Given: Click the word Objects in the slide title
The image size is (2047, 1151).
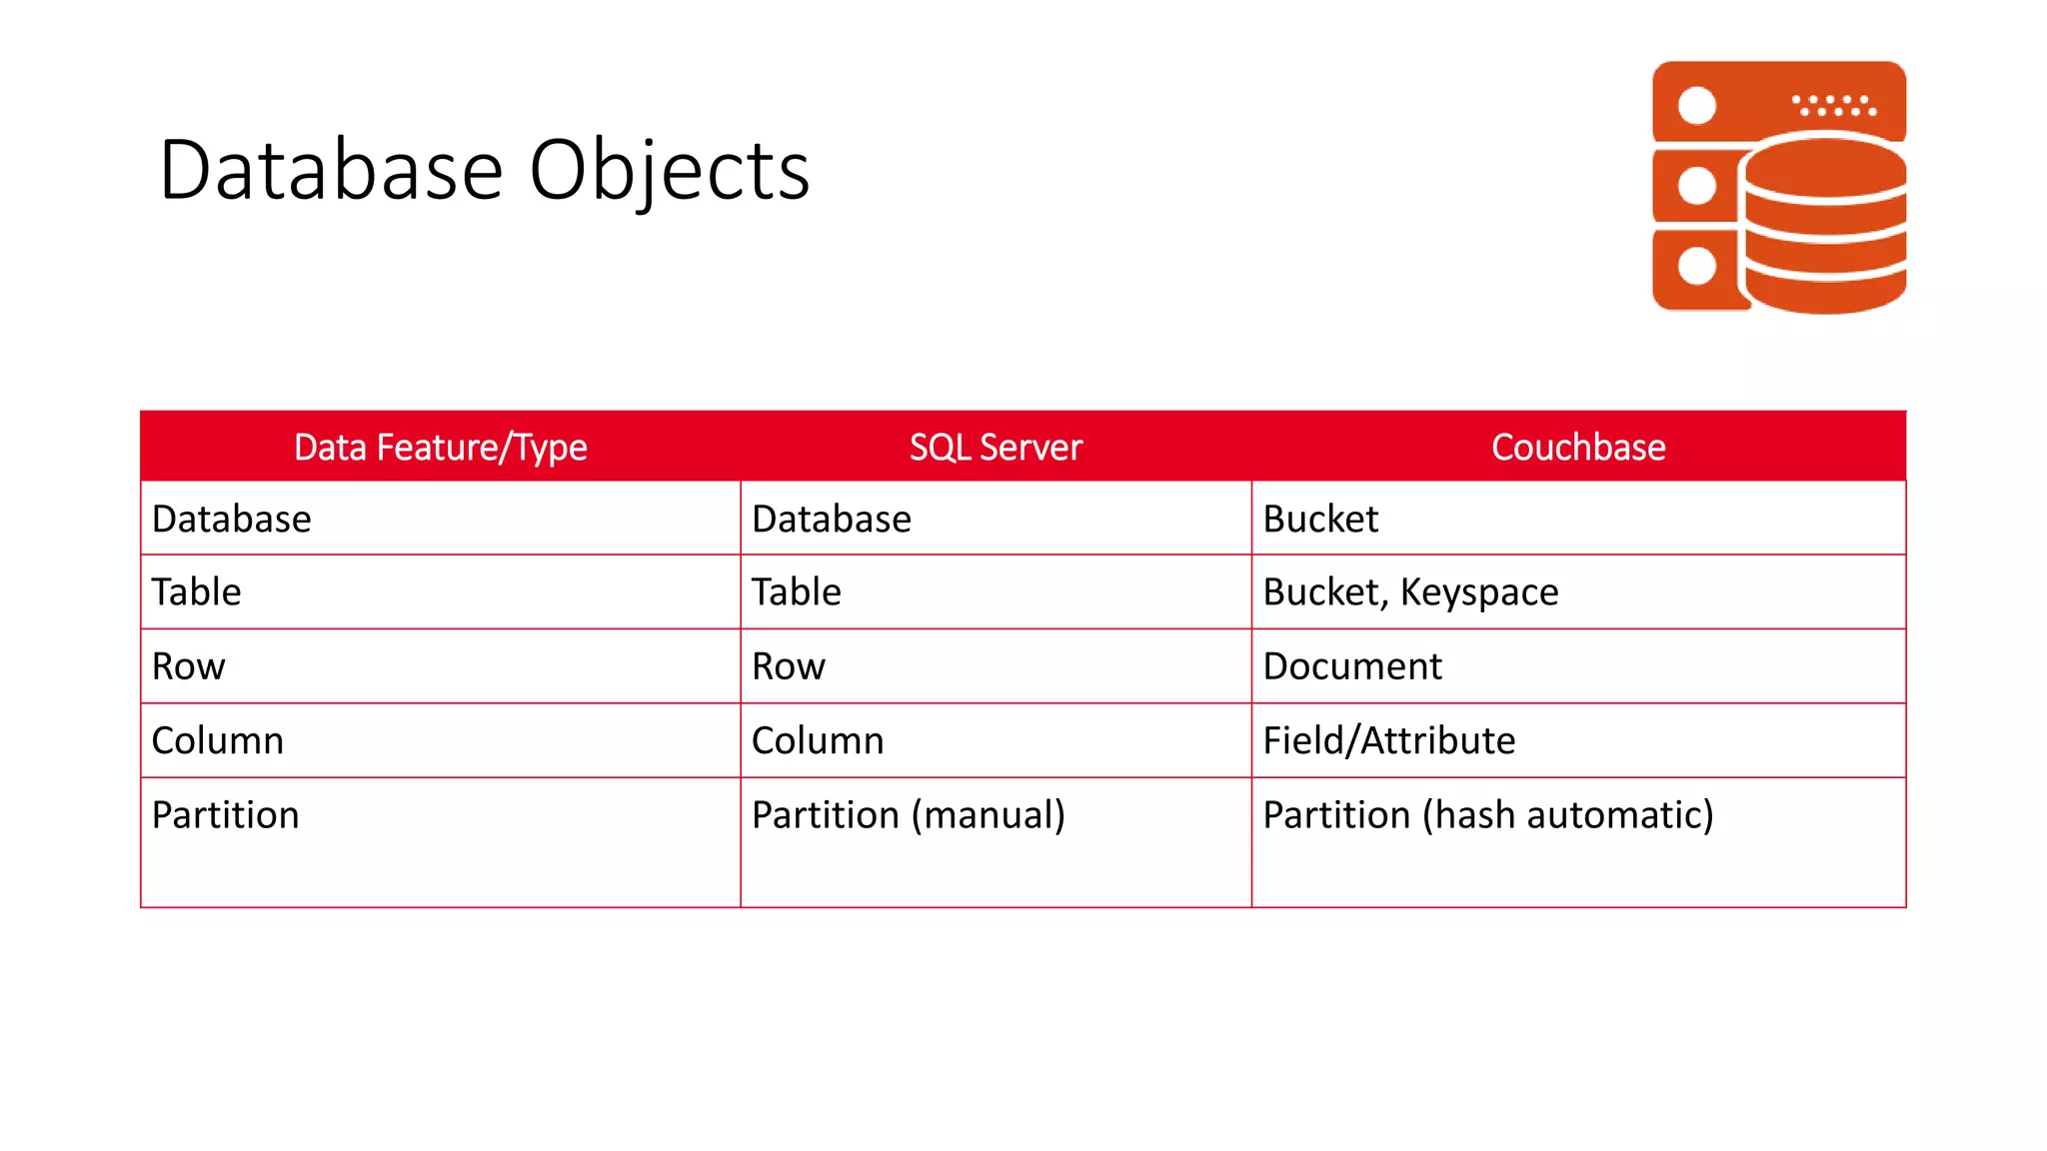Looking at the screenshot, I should click(669, 171).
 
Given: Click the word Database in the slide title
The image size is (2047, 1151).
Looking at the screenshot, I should click(331, 171).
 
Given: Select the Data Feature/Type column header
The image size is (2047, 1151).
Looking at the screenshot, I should click(440, 448).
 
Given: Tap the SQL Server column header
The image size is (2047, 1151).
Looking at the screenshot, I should click(996, 448).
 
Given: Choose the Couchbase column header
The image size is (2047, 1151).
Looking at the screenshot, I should click(1578, 448).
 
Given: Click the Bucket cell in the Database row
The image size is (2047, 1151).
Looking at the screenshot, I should click(1320, 520).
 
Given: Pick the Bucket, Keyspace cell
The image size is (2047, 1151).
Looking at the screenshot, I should click(1410, 592).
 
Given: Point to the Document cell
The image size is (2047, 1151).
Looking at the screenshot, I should click(1352, 666).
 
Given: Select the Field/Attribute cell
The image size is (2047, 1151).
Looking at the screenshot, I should click(1388, 740).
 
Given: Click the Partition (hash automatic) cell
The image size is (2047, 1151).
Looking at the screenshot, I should click(1488, 815).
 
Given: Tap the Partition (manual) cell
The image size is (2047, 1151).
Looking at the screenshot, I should click(908, 815).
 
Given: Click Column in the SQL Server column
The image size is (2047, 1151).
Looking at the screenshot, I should click(818, 740).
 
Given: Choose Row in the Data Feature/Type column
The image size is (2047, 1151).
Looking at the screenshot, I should click(189, 666).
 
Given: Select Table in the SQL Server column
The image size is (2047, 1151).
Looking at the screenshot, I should click(797, 592).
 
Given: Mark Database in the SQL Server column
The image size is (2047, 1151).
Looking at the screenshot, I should click(832, 520).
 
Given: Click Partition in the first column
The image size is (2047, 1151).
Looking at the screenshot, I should click(226, 815).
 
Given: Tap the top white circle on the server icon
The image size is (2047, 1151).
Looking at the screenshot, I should click(1696, 105).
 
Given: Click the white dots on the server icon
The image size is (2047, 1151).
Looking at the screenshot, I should click(1833, 105).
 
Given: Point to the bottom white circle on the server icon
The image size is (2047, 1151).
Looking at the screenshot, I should click(1696, 267).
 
